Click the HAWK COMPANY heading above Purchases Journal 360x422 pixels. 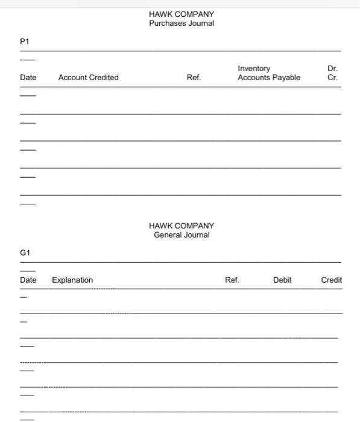(181, 14)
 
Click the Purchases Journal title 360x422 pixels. (181, 24)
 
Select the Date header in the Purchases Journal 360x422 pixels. (28, 77)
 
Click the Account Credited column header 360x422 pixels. (88, 77)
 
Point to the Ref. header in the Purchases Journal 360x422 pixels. (194, 77)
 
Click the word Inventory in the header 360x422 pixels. (254, 69)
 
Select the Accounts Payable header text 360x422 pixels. (269, 77)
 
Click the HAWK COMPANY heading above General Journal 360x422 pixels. (181, 225)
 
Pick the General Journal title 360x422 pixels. (182, 235)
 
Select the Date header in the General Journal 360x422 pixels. (28, 280)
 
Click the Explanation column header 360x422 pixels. (72, 280)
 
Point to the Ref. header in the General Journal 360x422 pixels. (232, 280)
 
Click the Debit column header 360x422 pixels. (282, 280)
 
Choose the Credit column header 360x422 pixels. (331, 280)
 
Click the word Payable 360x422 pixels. (286, 77)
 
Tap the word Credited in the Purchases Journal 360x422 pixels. (104, 77)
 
